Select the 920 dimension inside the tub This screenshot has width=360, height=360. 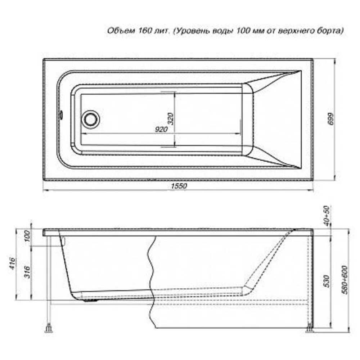[x=161, y=129]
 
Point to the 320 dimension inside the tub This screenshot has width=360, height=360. [x=171, y=118]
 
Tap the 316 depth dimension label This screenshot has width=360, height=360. [x=27, y=272]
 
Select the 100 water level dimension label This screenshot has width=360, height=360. [x=27, y=236]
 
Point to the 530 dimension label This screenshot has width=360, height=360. [x=327, y=281]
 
